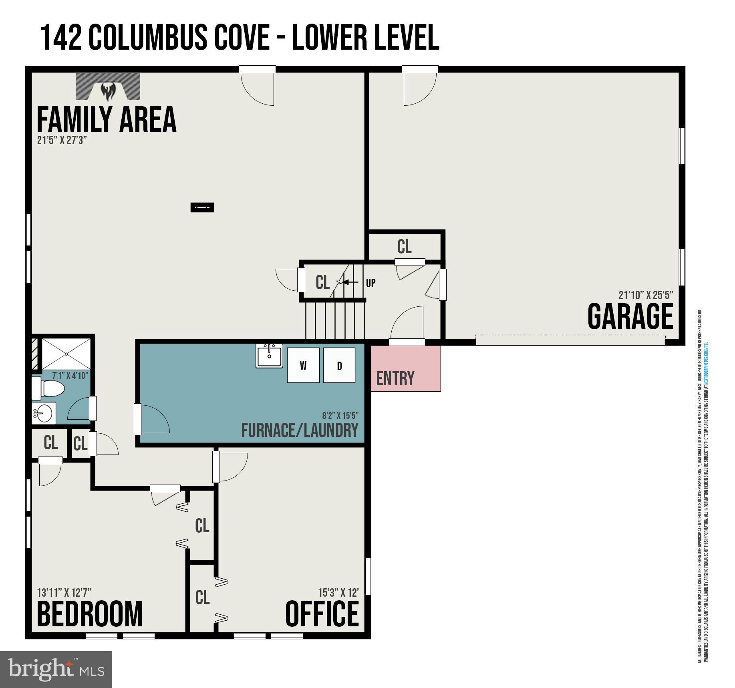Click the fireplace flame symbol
108,91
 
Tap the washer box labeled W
303,365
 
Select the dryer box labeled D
339,365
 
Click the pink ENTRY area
406,368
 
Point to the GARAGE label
630,317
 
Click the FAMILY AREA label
106,119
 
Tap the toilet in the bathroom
48,388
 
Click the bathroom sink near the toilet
44,413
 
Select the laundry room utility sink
269,356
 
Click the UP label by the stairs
371,283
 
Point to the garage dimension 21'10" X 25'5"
646,295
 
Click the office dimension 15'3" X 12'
338,592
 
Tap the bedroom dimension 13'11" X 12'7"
64,592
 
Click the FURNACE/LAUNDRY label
300,430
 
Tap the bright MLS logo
56,669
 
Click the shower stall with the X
66,354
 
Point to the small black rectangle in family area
202,207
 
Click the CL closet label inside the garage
404,247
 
